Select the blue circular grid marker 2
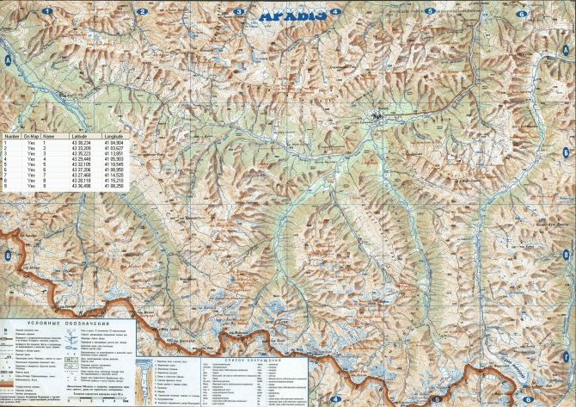[139, 11]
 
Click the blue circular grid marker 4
[334, 12]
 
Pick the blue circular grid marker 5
[428, 11]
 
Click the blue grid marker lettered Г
[567, 356]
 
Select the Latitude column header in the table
[84, 135]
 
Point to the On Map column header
[32, 135]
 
